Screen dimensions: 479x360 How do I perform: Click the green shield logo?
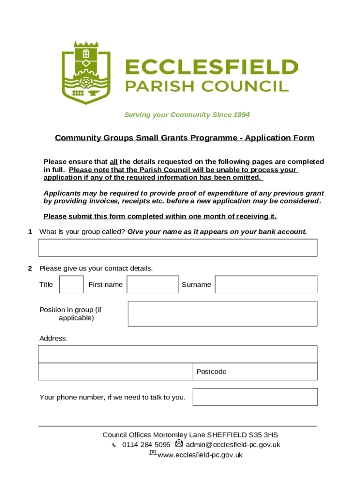coord(86,73)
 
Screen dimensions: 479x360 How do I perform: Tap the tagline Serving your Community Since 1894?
coord(187,115)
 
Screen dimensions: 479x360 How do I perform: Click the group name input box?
coord(178,247)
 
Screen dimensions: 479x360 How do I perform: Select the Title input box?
coord(72,284)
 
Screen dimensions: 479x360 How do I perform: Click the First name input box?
coord(152,284)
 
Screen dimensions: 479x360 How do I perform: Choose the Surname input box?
coord(266,284)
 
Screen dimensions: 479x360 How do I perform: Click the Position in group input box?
coord(222,313)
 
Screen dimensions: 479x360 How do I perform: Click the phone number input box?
coord(255,397)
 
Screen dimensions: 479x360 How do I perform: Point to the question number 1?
coord(30,232)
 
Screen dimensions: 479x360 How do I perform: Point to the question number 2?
coord(30,269)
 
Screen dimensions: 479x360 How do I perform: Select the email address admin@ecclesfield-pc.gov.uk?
coord(233,445)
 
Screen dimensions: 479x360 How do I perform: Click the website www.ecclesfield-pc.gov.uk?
coord(200,455)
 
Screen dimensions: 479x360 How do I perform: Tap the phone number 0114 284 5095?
coord(146,445)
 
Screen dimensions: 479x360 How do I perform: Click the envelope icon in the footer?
coord(179,443)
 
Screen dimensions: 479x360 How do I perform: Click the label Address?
coord(53,338)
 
